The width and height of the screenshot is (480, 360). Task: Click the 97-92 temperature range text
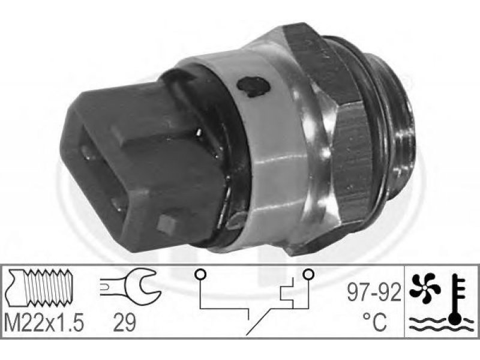(x=373, y=292)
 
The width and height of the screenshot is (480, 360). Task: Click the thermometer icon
(x=457, y=299)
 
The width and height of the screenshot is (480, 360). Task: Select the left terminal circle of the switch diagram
(x=200, y=274)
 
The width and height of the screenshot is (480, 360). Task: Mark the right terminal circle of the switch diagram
(x=308, y=274)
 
